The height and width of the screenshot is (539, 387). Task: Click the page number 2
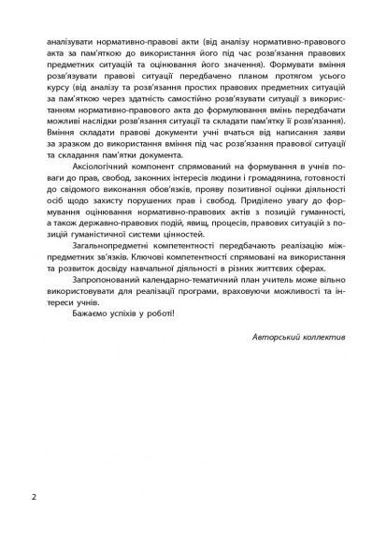click(34, 495)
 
